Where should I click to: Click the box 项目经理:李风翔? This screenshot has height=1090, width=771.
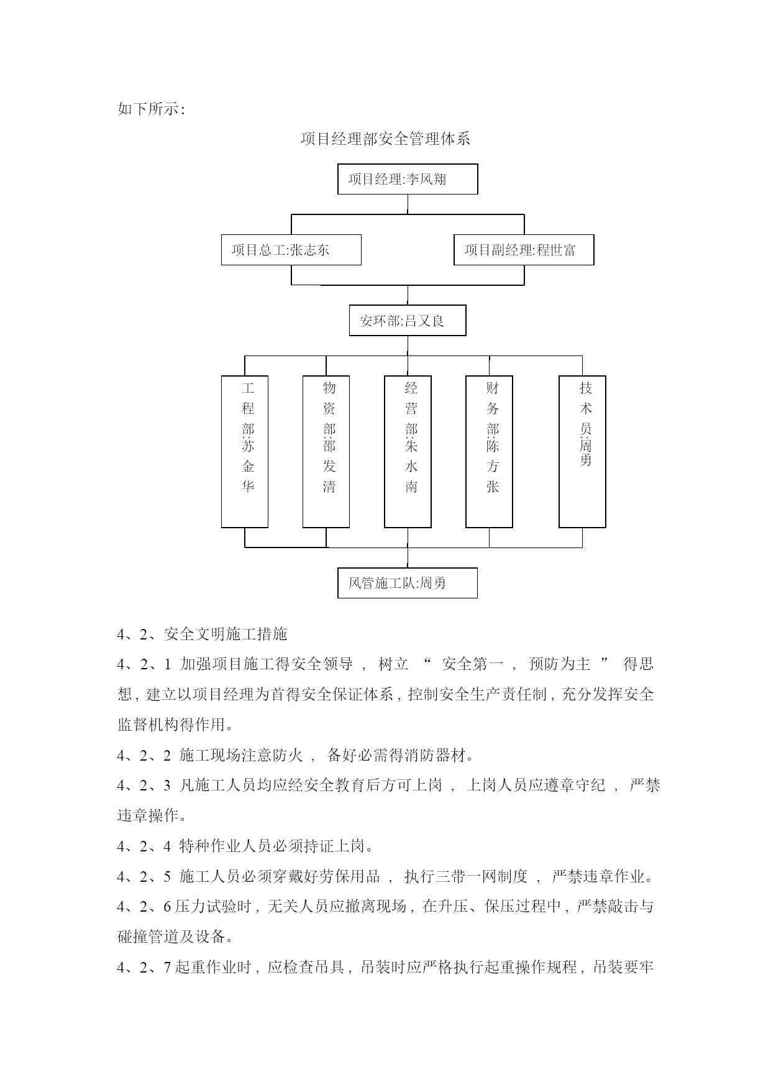click(x=408, y=179)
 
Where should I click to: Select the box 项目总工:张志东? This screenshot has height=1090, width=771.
click(x=291, y=250)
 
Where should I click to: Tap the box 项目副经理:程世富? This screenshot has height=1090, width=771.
click(x=524, y=250)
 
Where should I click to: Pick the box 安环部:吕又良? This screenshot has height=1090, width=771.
click(x=408, y=321)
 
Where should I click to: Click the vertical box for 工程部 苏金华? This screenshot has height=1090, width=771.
click(x=245, y=452)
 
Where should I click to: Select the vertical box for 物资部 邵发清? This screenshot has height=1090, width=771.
click(x=326, y=452)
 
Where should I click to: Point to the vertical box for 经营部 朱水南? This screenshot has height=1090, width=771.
click(x=408, y=452)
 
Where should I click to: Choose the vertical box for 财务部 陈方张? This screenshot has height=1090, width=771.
click(x=490, y=452)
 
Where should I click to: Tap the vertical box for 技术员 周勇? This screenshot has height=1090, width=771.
click(x=582, y=452)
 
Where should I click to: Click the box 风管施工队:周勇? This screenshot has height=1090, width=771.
click(x=408, y=583)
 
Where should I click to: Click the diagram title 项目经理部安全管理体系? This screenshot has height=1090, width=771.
click(x=385, y=139)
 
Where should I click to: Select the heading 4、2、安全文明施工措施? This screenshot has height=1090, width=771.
click(x=202, y=634)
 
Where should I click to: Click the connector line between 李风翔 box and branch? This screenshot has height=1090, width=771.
click(x=408, y=204)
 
